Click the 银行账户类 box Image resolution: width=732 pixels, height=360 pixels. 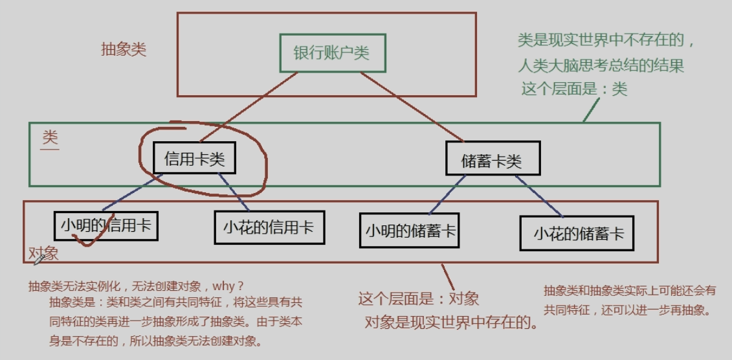point(332,53)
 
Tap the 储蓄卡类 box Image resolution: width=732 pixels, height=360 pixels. point(492,160)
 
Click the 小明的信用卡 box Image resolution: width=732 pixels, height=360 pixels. point(106,225)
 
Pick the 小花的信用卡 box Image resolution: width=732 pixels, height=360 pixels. point(269,227)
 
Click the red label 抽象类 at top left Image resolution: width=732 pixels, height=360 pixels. point(124,50)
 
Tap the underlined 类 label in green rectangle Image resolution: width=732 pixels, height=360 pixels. point(50,138)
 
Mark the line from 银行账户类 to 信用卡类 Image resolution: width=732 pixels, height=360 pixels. point(249,106)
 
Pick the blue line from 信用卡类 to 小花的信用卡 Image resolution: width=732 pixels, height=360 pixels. point(235,192)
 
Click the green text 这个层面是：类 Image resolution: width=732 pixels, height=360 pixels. point(574,89)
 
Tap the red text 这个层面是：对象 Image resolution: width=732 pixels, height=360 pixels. point(418,298)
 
